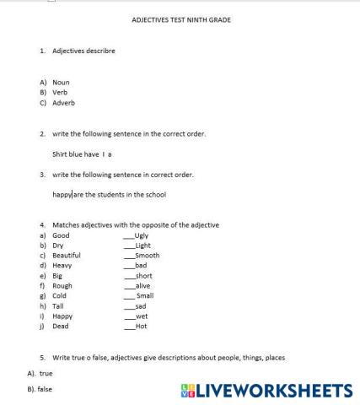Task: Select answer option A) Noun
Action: tap(59, 82)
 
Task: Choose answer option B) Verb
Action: tap(58, 92)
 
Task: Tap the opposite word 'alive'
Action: tap(142, 285)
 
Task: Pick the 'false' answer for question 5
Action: tap(46, 391)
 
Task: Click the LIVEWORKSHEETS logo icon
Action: tap(187, 391)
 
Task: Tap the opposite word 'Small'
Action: tap(145, 295)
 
